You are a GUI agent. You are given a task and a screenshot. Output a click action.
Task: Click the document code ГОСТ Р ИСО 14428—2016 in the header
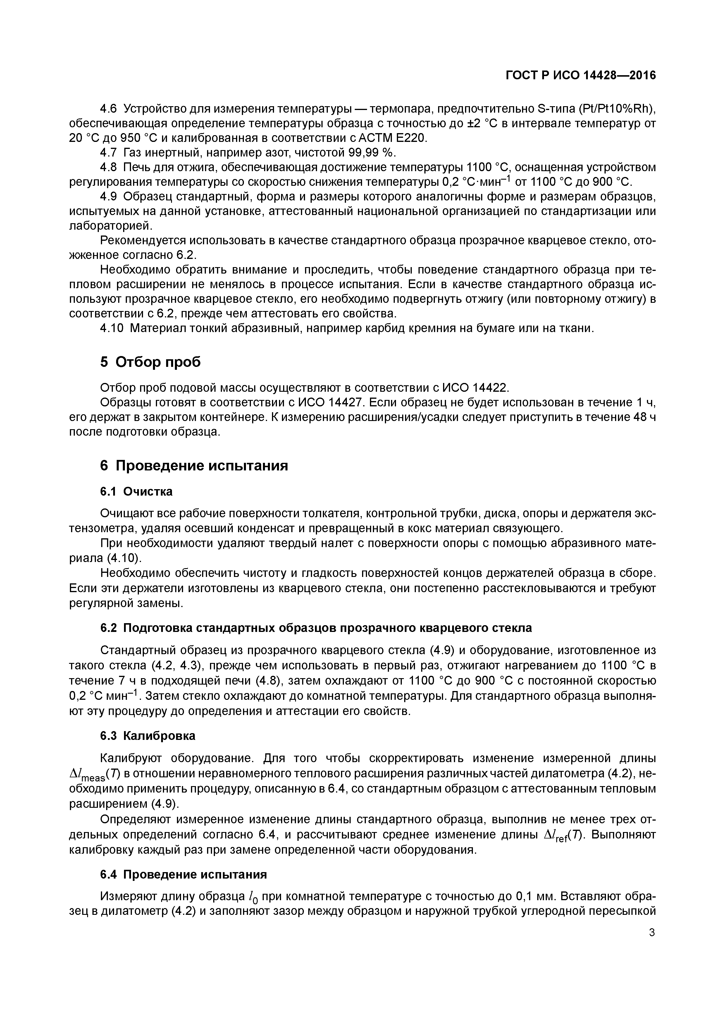tap(581, 75)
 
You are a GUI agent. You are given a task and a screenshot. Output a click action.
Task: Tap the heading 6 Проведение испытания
tap(194, 466)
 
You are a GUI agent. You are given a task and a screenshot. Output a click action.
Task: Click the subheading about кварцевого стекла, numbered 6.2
tap(316, 628)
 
